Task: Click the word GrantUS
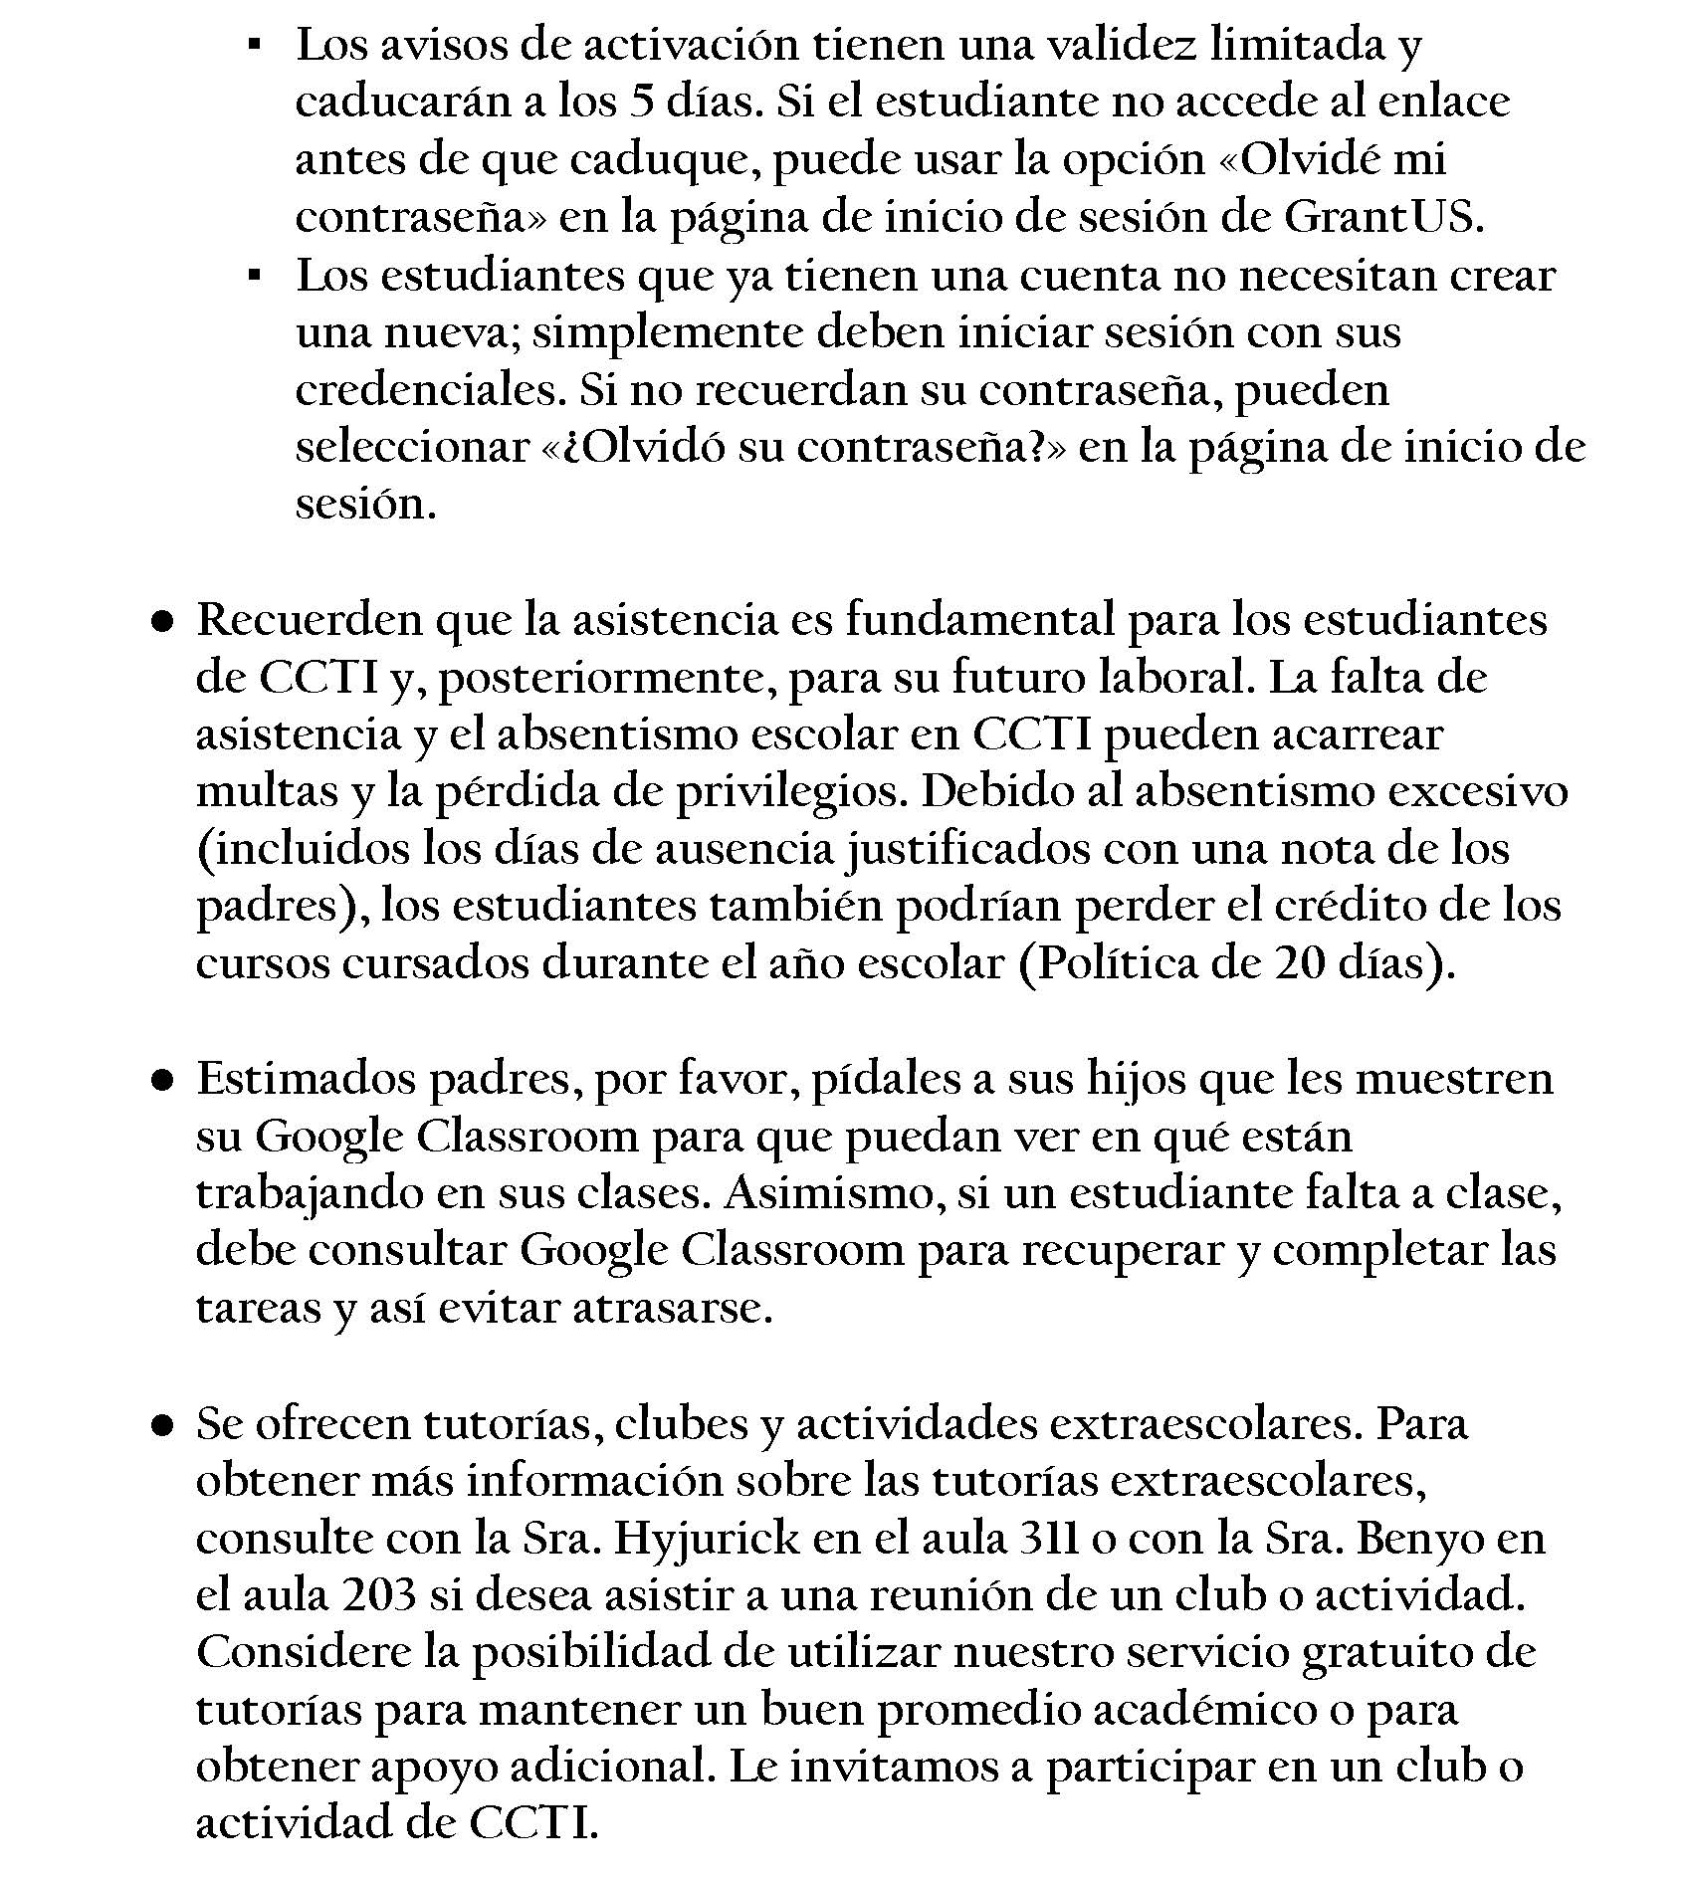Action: (x=1378, y=217)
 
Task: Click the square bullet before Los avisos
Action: (x=255, y=46)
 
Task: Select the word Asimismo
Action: (x=833, y=1193)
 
